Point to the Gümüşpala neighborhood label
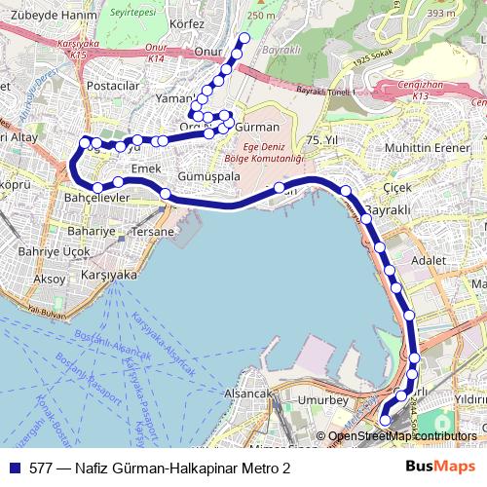208,177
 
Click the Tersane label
154,232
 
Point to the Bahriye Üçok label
55,251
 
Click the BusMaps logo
441,468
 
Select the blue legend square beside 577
14,468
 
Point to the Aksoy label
49,279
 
